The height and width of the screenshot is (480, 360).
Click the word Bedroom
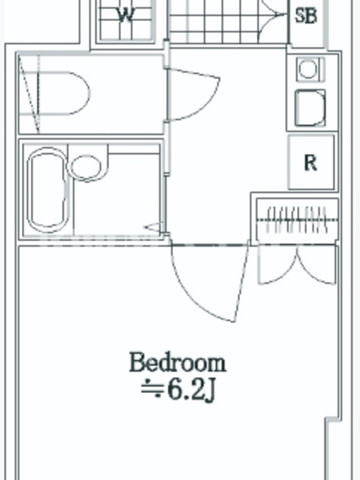point(178,363)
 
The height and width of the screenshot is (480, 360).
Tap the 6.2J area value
point(192,391)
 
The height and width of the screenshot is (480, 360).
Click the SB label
point(305,16)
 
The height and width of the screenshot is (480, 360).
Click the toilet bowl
point(55,94)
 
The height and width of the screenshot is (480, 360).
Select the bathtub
point(47,190)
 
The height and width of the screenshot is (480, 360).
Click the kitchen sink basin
point(310,108)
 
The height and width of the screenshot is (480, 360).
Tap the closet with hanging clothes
point(297,219)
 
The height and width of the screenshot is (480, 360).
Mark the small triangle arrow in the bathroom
point(152,227)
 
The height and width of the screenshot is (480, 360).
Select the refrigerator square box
point(311,162)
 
